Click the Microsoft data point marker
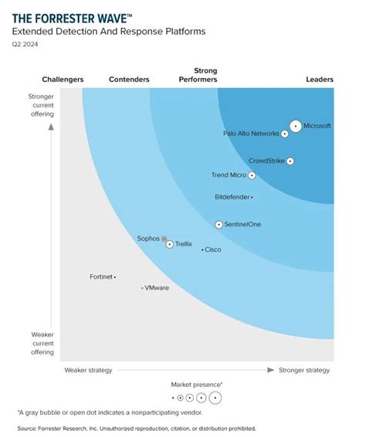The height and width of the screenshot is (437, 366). click(x=295, y=126)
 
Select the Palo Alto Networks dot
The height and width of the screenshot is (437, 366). click(x=285, y=134)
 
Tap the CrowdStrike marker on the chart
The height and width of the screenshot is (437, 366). click(x=290, y=161)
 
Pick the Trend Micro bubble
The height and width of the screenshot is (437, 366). click(x=252, y=175)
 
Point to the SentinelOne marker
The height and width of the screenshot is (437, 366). click(x=219, y=225)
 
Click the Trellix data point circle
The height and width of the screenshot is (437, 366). click(x=170, y=244)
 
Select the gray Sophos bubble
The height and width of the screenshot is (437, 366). click(x=164, y=239)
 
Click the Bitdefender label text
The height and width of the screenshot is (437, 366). click(x=232, y=198)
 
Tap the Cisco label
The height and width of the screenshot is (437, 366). click(x=213, y=249)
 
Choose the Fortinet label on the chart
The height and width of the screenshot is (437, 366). click(x=100, y=276)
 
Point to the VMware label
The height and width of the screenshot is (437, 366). click(x=157, y=288)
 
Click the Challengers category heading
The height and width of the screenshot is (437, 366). click(x=63, y=80)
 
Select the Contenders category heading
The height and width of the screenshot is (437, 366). click(x=129, y=80)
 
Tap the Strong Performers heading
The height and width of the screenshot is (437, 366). click(x=198, y=75)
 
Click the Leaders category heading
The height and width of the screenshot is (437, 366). click(x=319, y=80)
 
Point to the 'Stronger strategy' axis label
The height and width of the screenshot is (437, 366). click(x=304, y=370)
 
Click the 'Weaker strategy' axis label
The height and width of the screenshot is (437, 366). click(x=88, y=370)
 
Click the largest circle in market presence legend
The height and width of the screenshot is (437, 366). click(x=215, y=398)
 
